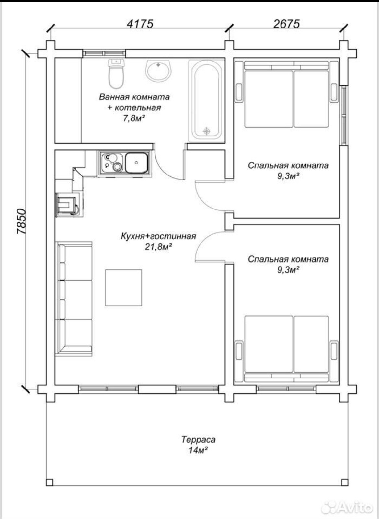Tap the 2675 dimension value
coord(286,24)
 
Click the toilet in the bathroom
coord(116,73)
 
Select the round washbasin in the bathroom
coord(158,71)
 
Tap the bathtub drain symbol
coord(207,131)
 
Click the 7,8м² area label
coord(134,118)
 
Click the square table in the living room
coord(123,288)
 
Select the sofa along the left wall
coord(74,299)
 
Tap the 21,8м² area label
coord(158,247)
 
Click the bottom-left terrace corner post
coord(50,481)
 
